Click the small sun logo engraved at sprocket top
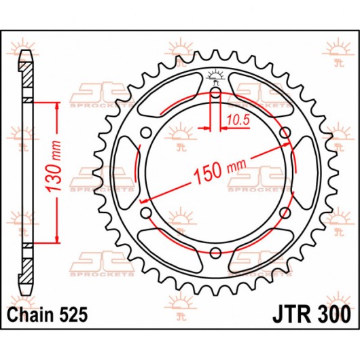[x=215, y=74]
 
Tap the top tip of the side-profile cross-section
[x=26, y=52]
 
